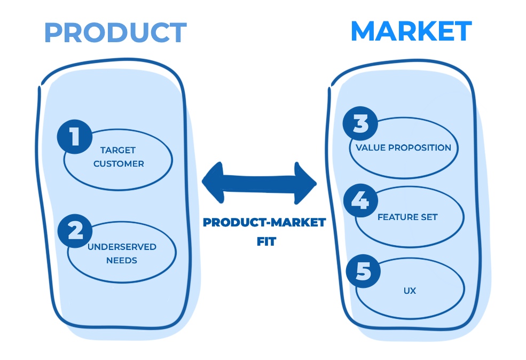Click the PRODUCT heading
pyautogui.click(x=115, y=33)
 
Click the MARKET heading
pyautogui.click(x=411, y=32)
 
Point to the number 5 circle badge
pyautogui.click(x=363, y=271)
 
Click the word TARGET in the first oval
pyautogui.click(x=118, y=151)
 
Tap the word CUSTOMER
pyautogui.click(x=119, y=164)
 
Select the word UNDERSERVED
pyautogui.click(x=122, y=247)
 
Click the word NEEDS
pyautogui.click(x=122, y=261)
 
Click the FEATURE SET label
pyautogui.click(x=407, y=217)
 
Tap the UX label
pyautogui.click(x=410, y=291)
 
